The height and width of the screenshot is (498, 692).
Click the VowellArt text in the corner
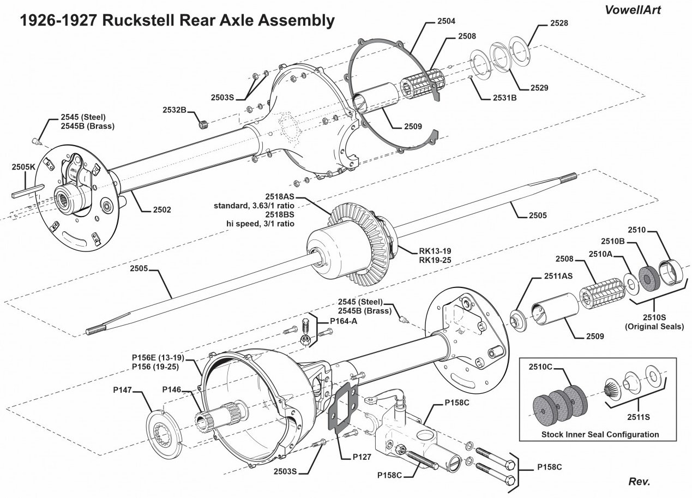632,10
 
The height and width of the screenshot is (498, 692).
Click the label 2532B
174,110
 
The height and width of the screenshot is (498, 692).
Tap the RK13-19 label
435,251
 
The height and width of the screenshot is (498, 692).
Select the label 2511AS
558,276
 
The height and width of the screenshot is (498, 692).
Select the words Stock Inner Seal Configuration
600,434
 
